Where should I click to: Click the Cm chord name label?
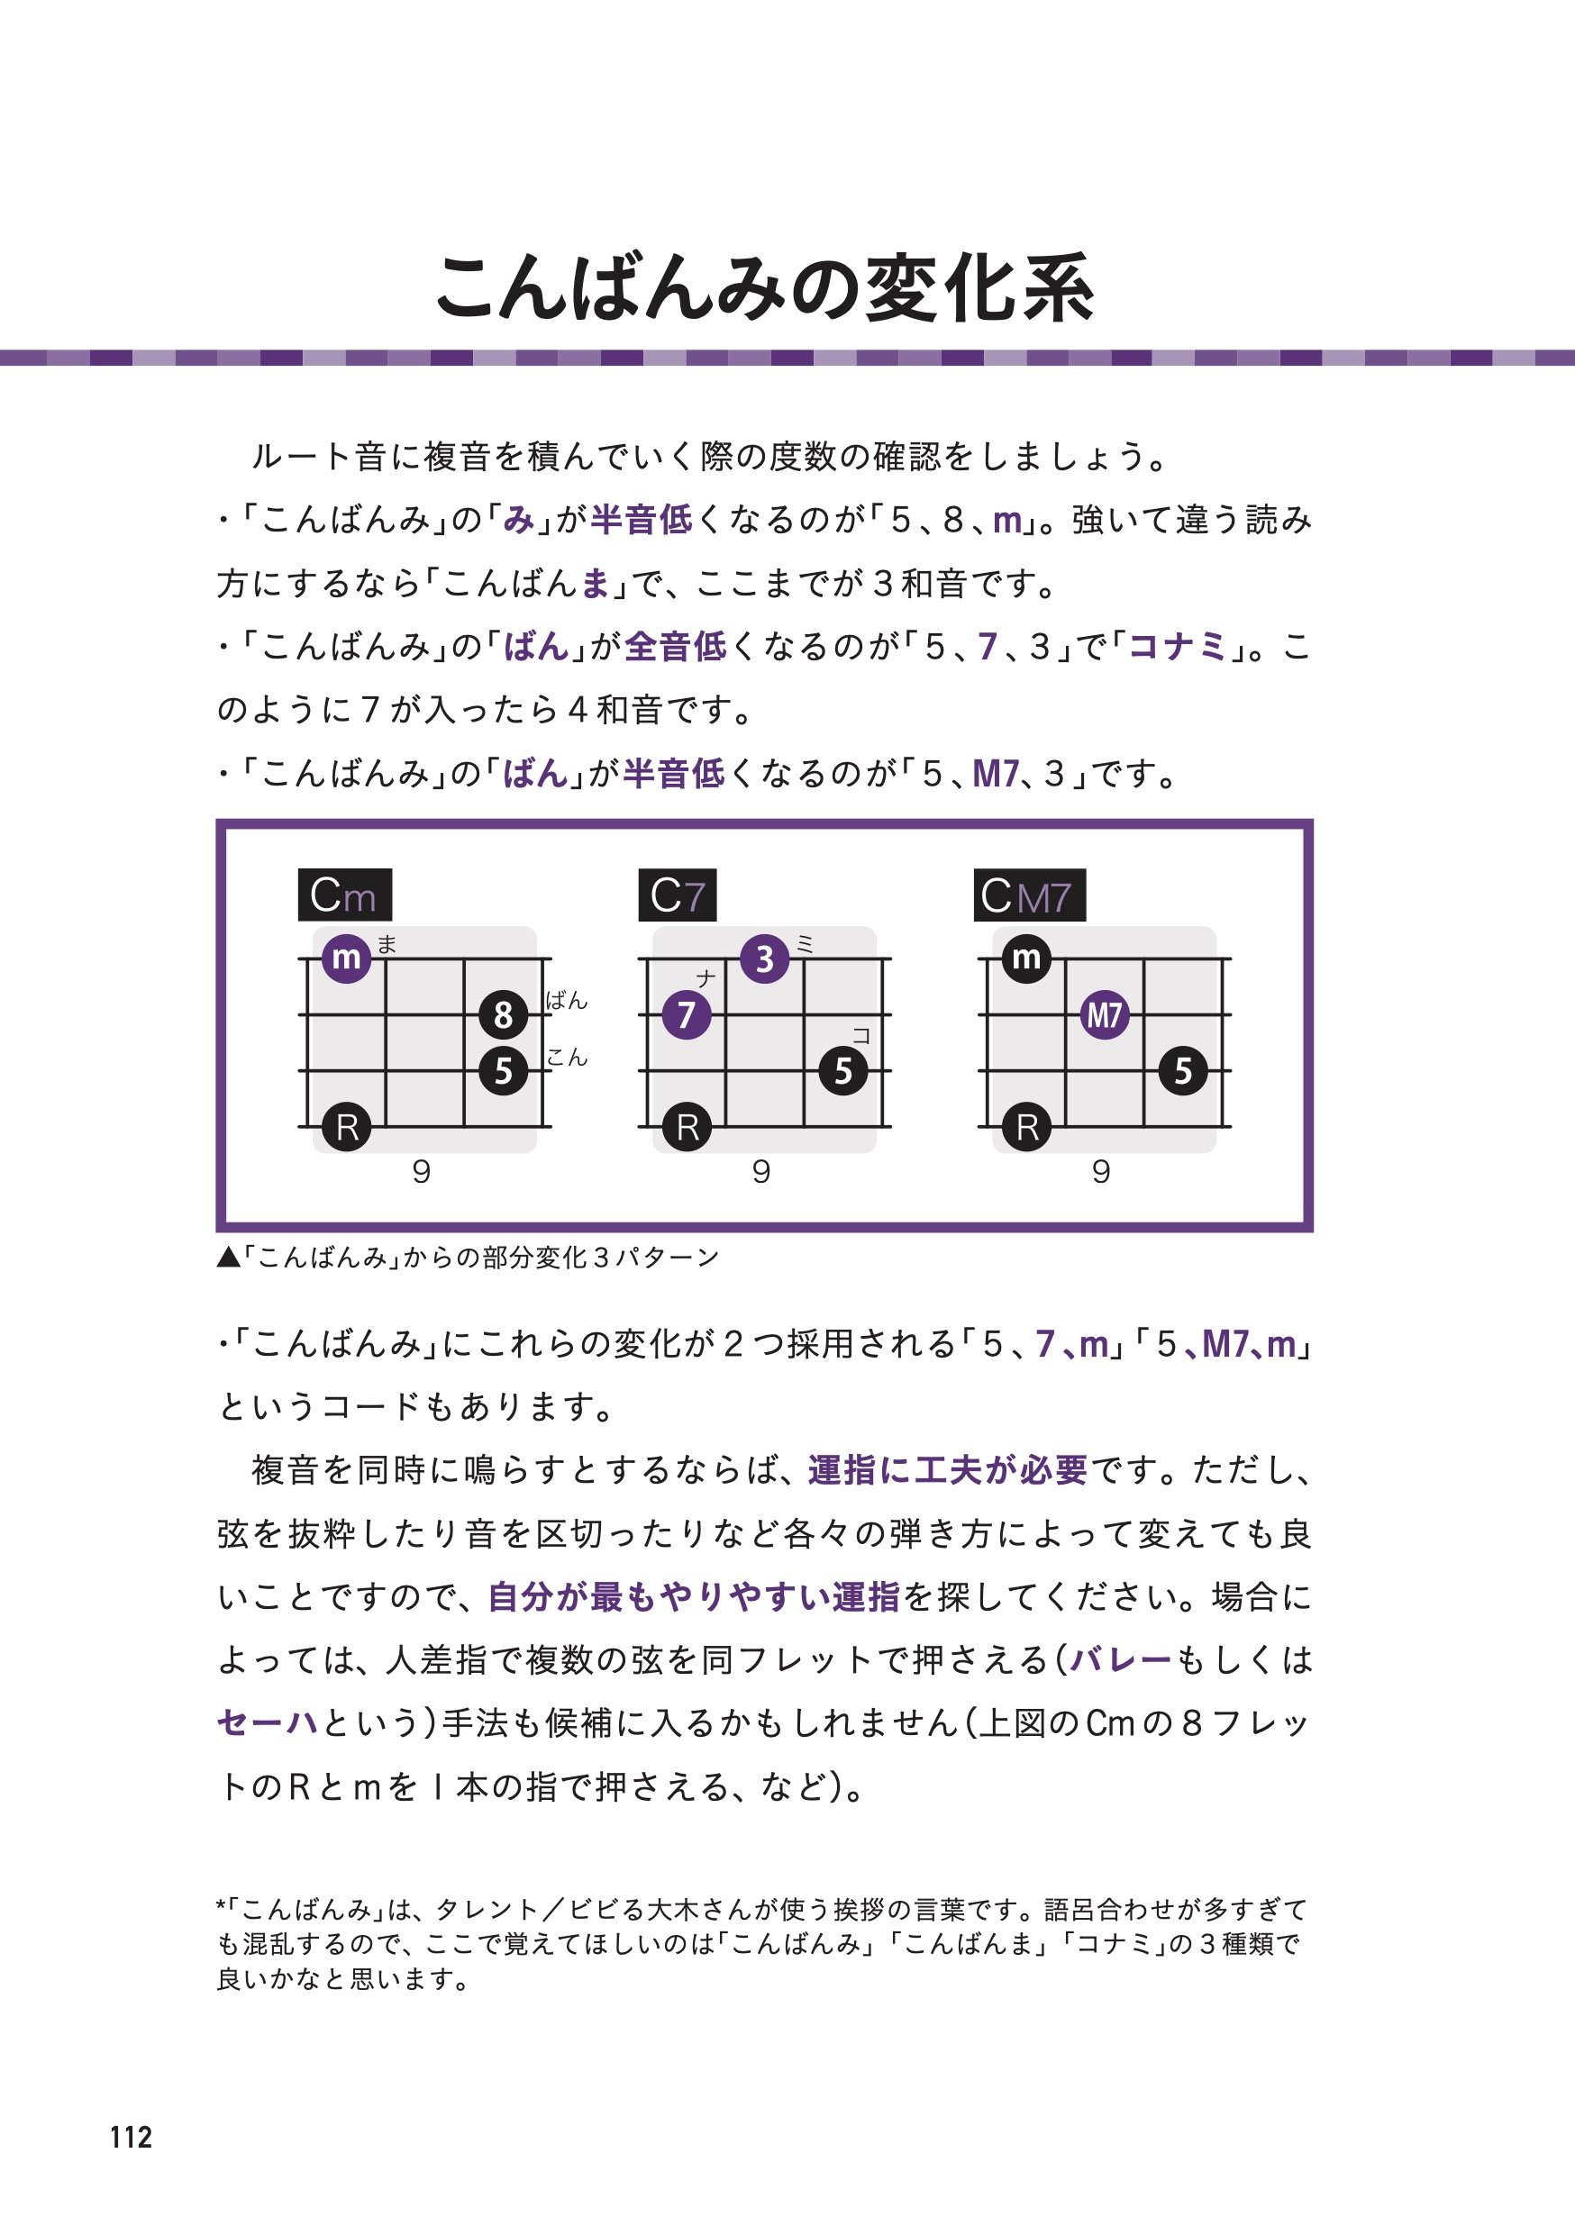[x=344, y=895]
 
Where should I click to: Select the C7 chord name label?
[x=677, y=895]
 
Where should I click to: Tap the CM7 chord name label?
[x=1028, y=895]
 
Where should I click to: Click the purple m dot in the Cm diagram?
[x=346, y=958]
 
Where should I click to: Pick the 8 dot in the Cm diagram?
[x=504, y=1015]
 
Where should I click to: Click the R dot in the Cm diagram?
[x=346, y=1127]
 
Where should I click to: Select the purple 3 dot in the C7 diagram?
[x=764, y=958]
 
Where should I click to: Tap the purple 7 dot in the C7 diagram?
[x=687, y=1015]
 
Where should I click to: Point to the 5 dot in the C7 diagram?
[x=842, y=1070]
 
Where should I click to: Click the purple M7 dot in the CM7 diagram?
[x=1105, y=1015]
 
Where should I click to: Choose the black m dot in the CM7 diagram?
[x=1026, y=958]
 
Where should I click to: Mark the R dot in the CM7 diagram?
[x=1026, y=1127]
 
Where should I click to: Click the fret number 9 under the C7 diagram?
[x=761, y=1172]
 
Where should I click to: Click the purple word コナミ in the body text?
[x=1179, y=647]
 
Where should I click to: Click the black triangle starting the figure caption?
[x=228, y=1258]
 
